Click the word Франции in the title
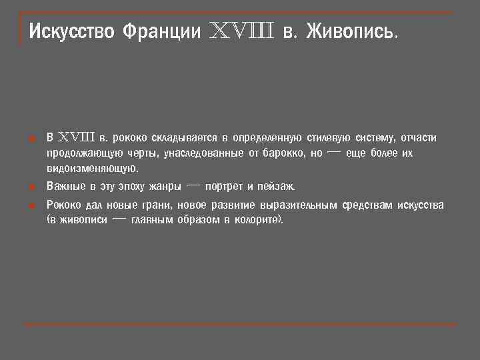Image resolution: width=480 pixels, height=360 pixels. coord(162,31)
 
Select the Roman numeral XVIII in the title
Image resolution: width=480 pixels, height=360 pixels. coord(242,31)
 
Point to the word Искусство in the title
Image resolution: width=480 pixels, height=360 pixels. coord(72,31)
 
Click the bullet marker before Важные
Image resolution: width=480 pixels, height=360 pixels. coord(31,186)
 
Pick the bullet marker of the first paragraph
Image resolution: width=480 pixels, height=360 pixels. coord(31,139)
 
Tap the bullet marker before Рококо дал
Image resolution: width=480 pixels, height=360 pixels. coord(31,205)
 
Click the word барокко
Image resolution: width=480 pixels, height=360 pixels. coord(283,153)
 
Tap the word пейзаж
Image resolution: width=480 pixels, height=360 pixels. coord(275,186)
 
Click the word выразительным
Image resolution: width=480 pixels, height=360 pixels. coord(299,205)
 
